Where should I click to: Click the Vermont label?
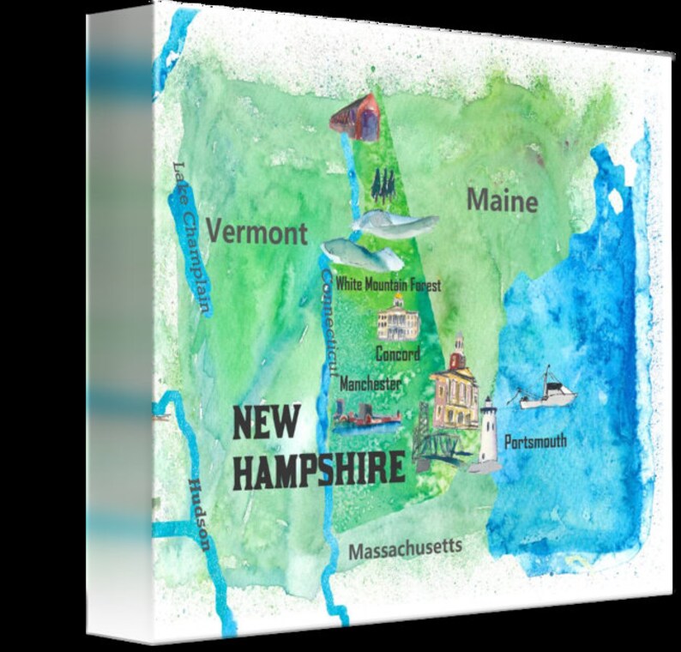pyautogui.click(x=256, y=232)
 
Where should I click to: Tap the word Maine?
pyautogui.click(x=503, y=202)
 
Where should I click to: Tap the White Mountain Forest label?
pyautogui.click(x=389, y=284)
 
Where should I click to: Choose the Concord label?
pyautogui.click(x=398, y=353)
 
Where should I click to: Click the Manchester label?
pyautogui.click(x=370, y=383)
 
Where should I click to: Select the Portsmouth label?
pyautogui.click(x=535, y=443)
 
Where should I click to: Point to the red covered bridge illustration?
pyautogui.click(x=357, y=118)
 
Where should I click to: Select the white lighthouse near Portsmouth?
pyautogui.click(x=488, y=434)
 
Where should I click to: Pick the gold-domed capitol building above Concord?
pyautogui.click(x=399, y=317)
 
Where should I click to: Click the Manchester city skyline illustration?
pyautogui.click(x=366, y=418)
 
